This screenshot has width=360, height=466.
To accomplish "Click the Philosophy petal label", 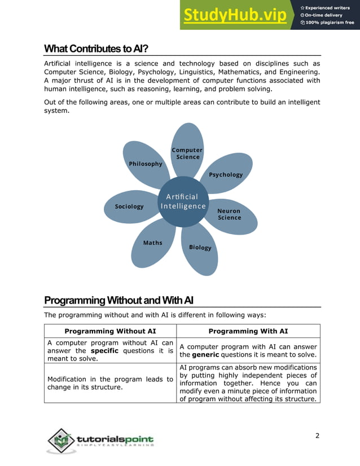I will point(146,164).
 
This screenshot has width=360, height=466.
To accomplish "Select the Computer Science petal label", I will point(187,153).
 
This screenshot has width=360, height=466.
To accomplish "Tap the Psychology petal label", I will point(226,174).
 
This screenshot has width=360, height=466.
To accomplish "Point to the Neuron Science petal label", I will point(229,214).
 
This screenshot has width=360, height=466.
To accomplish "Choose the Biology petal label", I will point(200,247).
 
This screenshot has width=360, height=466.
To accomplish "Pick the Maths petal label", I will point(152,243).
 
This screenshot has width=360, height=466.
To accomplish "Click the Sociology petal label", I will point(129,206).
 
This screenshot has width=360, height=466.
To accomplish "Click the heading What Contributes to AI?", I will point(96,49).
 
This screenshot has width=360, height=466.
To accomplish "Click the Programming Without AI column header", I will point(111,331).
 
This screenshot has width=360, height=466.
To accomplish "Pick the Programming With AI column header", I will point(248,331).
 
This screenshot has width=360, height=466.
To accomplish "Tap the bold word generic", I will point(205,355).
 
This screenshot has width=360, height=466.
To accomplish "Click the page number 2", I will point(317,435).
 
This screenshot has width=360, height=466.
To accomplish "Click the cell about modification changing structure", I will point(110,383).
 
